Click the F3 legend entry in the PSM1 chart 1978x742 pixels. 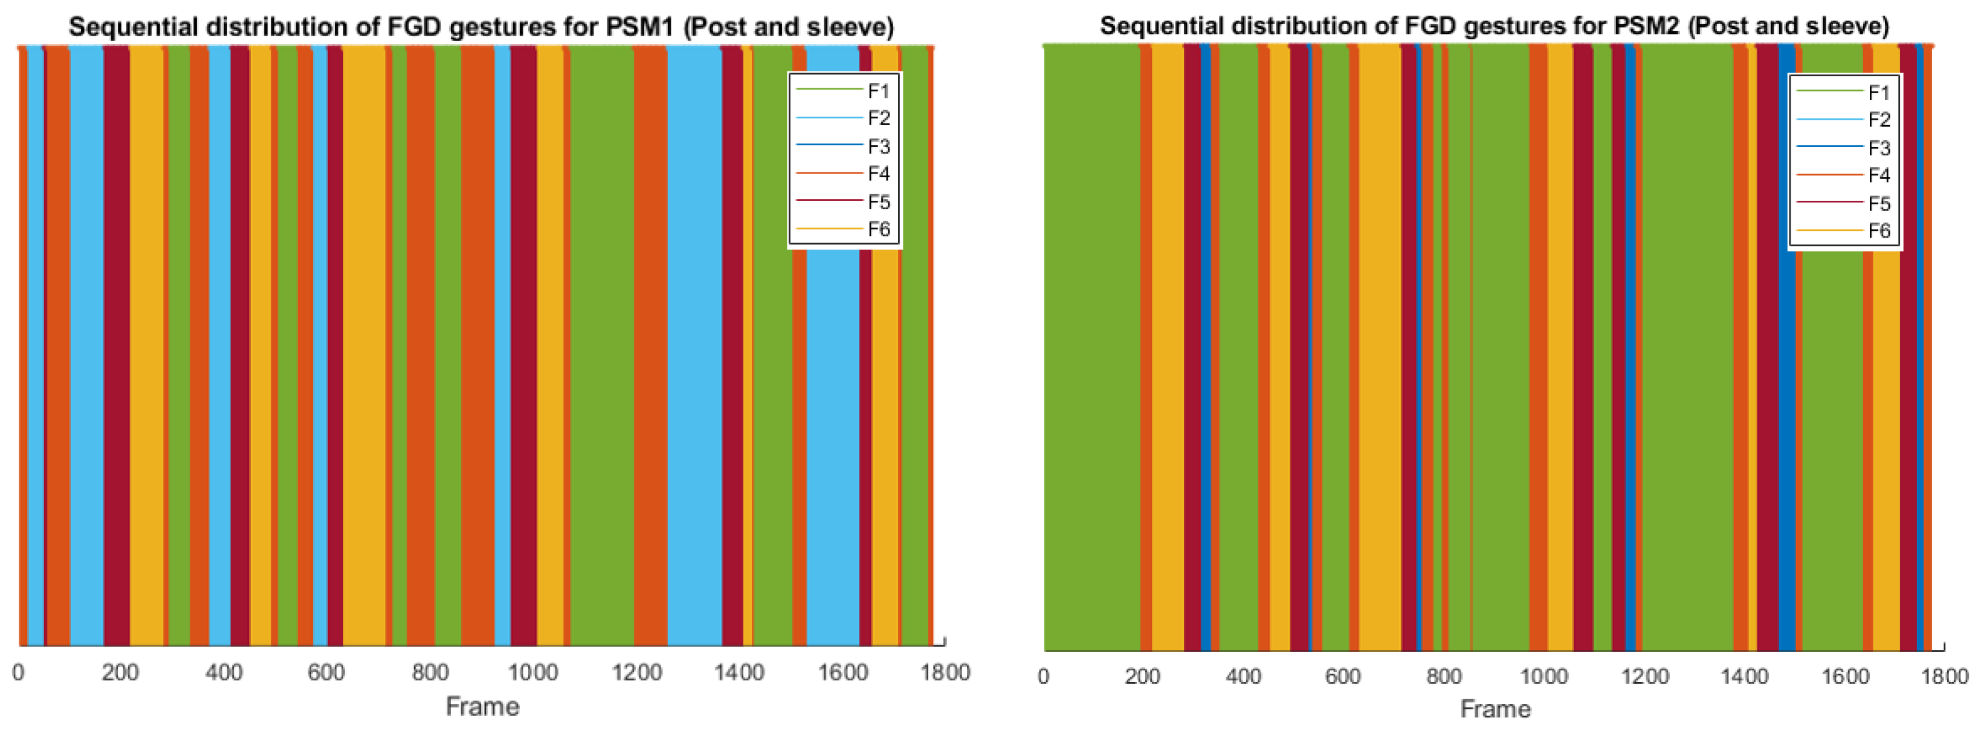click(877, 146)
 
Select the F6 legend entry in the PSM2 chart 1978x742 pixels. click(1878, 230)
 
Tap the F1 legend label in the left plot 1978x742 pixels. click(877, 91)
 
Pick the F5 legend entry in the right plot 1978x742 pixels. click(1878, 204)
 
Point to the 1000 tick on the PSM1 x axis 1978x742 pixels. click(533, 673)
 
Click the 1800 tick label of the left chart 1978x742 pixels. click(945, 673)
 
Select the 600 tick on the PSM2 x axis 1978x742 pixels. click(1342, 676)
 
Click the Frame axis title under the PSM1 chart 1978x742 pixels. click(482, 707)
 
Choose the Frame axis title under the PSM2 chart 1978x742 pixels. click(1495, 709)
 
